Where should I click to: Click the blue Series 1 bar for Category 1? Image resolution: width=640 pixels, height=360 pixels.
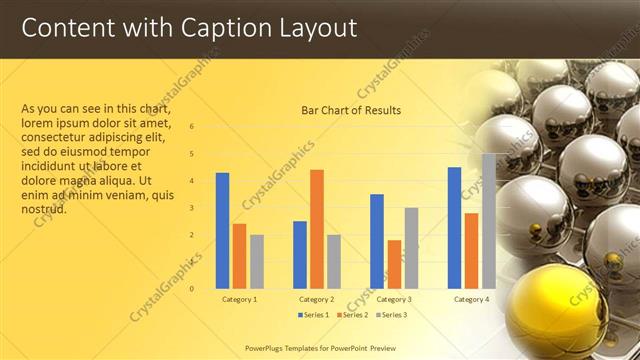222,231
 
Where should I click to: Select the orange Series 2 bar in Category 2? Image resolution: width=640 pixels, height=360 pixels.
317,229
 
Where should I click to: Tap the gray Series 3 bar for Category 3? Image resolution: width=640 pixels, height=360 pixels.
411,248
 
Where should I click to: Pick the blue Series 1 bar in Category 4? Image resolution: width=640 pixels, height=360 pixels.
454,228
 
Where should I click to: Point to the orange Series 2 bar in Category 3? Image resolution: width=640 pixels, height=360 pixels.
394,264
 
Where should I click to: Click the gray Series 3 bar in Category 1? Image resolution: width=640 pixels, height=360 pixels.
257,261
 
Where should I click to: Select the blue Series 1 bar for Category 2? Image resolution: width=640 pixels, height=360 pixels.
300,255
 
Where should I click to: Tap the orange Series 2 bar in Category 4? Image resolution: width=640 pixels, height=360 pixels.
471,251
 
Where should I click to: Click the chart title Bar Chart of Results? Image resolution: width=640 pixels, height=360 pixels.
351,110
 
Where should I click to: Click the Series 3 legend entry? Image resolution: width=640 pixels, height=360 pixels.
390,315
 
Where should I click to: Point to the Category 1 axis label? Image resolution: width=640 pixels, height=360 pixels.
239,299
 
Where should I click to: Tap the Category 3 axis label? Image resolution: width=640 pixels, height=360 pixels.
394,299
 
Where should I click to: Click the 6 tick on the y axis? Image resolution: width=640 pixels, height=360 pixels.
192,127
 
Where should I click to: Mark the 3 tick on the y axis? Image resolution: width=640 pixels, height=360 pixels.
192,208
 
